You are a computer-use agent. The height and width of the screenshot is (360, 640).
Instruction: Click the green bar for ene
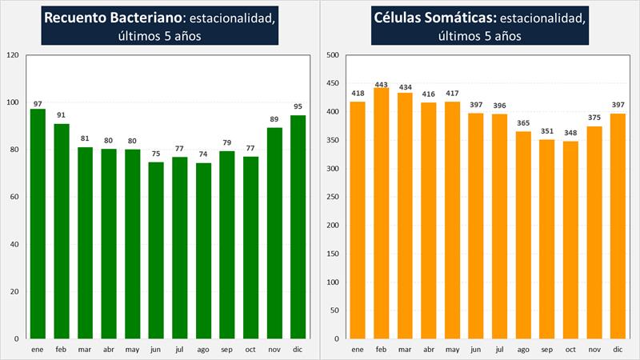(x=38, y=224)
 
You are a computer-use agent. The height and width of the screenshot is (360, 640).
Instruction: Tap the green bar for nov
(x=274, y=233)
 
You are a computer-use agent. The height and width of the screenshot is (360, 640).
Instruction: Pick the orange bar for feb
(x=382, y=213)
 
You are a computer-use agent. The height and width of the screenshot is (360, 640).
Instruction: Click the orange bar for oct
(x=570, y=240)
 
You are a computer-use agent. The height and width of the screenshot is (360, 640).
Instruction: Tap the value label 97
(x=38, y=104)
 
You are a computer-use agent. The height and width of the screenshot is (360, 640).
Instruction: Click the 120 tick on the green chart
(x=12, y=55)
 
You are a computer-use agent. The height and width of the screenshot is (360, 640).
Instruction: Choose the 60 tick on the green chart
(x=14, y=197)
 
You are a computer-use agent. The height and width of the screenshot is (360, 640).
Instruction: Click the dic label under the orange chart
(x=618, y=349)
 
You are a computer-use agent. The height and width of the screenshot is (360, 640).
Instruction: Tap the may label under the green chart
(x=132, y=349)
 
